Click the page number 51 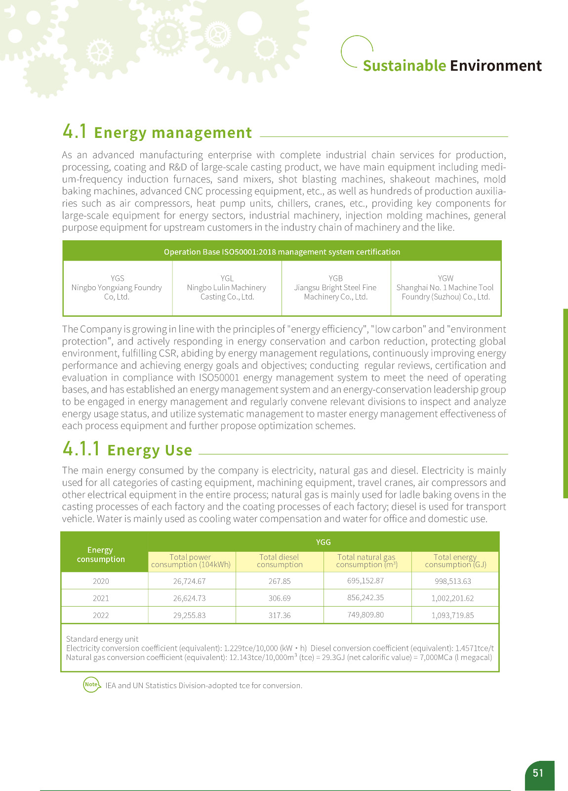tap(538, 773)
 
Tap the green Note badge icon tap(91, 685)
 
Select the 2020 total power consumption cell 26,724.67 tap(189, 581)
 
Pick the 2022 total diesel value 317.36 tap(280, 615)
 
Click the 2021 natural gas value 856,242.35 tap(365, 598)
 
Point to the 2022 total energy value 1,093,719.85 tap(452, 615)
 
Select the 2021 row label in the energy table tap(101, 598)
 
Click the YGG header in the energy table tap(324, 542)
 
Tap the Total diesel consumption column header tap(280, 561)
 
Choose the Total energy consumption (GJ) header tap(455, 561)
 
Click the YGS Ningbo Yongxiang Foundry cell tap(117, 288)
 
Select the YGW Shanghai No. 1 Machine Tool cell tap(446, 288)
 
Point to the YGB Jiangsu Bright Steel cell tap(335, 288)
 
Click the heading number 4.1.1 tap(81, 449)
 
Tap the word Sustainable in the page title tap(404, 66)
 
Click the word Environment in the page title tap(496, 66)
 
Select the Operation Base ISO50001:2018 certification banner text tap(282, 252)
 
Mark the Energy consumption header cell tap(101, 555)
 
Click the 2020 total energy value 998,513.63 tap(453, 581)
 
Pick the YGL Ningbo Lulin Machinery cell tap(227, 288)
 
